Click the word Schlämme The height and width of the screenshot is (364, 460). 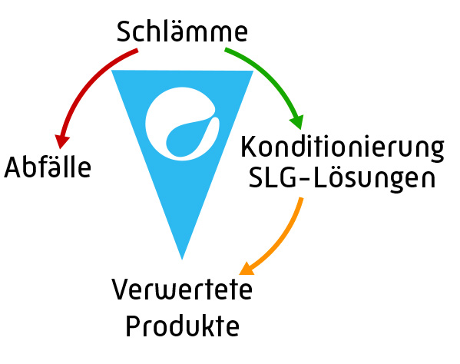click(182, 31)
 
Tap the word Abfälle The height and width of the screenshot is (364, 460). click(48, 167)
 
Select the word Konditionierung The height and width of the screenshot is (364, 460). click(342, 148)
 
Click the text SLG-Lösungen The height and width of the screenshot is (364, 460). click(342, 177)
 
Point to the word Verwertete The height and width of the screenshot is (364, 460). click(182, 290)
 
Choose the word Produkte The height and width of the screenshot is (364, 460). click(183, 326)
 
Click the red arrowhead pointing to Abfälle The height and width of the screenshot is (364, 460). click(61, 141)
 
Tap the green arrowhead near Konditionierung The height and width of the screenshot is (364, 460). click(297, 122)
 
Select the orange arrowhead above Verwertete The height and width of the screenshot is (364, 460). click(247, 269)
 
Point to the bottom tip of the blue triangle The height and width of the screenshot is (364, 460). click(182, 260)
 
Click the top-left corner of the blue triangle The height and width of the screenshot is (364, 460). click(111, 71)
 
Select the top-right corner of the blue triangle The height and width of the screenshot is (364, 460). click(253, 71)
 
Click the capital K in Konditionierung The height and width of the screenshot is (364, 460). click(250, 147)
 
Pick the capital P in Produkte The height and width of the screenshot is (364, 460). click(132, 326)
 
